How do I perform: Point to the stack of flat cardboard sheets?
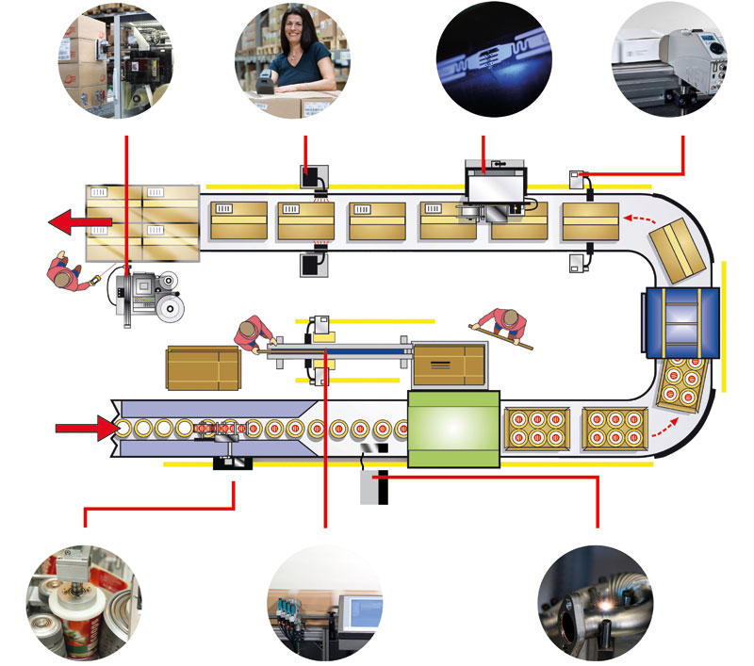point(204,367)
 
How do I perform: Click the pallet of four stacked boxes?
point(142,221)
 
